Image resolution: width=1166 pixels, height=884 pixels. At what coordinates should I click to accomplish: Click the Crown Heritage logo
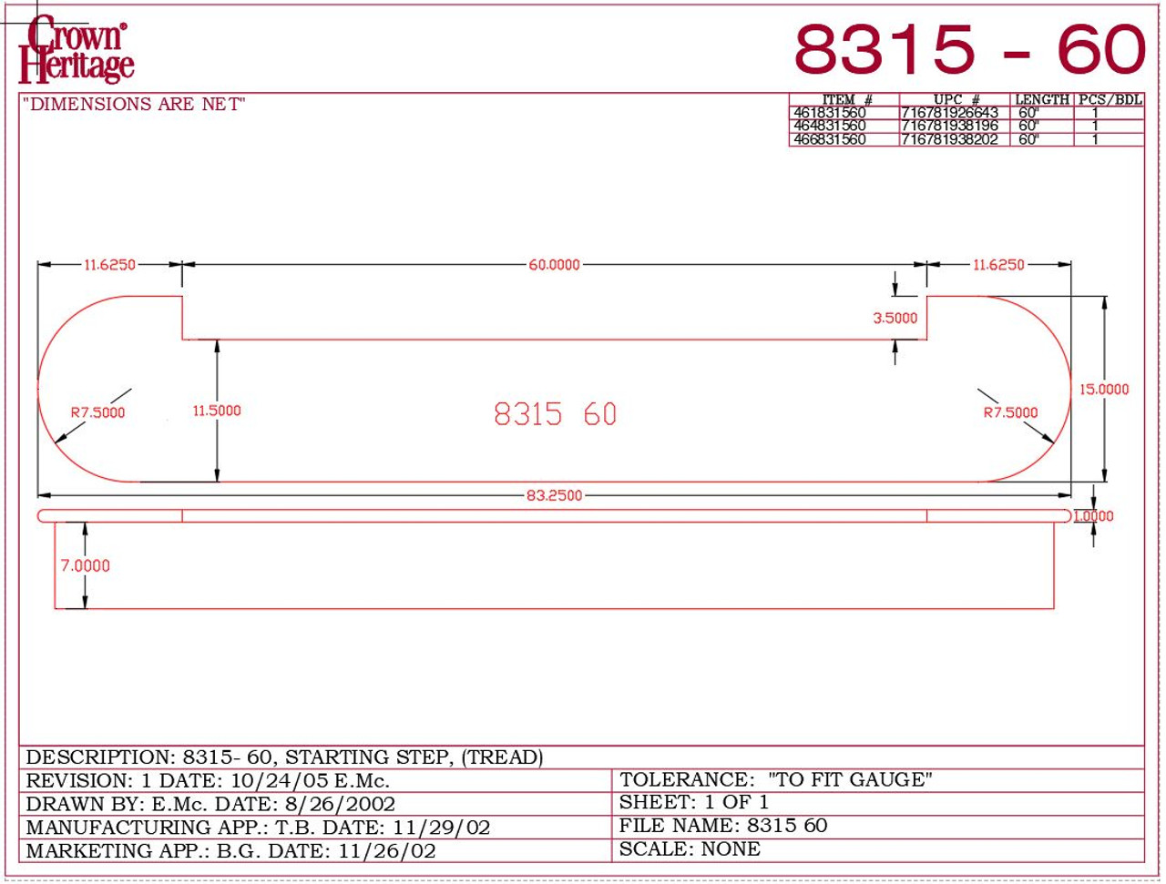point(77,50)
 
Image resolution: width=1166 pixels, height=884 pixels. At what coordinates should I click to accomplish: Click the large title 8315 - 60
point(968,49)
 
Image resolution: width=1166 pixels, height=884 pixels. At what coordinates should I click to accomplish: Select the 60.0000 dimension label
point(554,265)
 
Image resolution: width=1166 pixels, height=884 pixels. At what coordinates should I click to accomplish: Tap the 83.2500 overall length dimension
point(554,495)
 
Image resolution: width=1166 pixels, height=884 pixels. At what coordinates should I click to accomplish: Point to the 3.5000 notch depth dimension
point(895,318)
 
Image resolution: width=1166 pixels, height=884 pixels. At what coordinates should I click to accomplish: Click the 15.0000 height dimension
point(1103,389)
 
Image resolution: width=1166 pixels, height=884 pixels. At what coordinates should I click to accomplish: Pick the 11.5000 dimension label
point(217,411)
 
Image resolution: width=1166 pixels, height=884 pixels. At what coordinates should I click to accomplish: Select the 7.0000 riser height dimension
point(85,565)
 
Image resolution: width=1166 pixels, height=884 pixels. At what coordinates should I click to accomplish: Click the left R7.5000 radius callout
point(97,412)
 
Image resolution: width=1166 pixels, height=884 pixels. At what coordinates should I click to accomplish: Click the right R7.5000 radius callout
point(1010,412)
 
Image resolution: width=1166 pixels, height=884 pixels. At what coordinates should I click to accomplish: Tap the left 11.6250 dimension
point(109,265)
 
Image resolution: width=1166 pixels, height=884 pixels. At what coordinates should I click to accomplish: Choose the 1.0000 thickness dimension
point(1093,516)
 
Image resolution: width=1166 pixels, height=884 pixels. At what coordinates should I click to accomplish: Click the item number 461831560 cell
point(830,112)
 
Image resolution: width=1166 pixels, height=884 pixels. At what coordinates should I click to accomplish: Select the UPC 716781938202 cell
point(949,139)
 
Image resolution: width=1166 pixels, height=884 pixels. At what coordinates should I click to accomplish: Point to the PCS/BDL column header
point(1110,99)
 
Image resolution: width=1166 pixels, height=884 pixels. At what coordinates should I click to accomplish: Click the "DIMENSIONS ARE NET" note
point(134,105)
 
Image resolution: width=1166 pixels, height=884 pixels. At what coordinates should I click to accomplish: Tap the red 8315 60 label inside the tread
point(555,414)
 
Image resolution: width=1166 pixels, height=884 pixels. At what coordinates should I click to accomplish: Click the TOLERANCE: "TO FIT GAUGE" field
point(775,779)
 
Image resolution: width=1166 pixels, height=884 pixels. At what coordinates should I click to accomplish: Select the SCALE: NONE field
point(690,849)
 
